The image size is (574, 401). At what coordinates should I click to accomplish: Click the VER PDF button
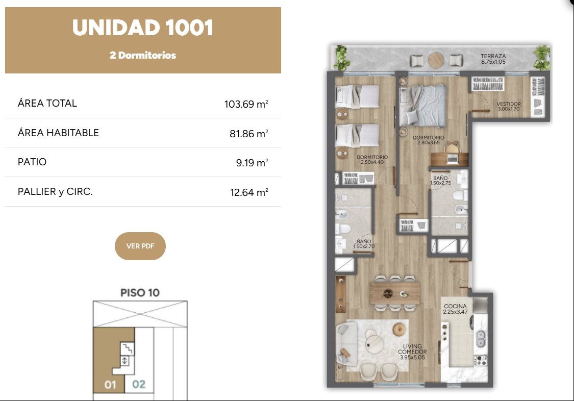point(140,246)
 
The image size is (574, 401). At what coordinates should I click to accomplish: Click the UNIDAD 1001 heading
point(143,28)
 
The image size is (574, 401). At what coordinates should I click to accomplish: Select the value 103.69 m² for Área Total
point(246,104)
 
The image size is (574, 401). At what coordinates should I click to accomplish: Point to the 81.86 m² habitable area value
point(248,134)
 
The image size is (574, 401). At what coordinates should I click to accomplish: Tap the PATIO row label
point(32,162)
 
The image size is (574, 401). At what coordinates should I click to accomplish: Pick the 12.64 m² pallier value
point(249,192)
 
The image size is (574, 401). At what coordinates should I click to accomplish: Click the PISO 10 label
point(140,293)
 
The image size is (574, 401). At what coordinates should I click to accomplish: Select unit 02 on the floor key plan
point(139,384)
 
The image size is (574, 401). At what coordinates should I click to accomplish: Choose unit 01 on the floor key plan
point(110,385)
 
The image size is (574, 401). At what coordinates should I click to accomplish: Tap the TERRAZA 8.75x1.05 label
point(493,59)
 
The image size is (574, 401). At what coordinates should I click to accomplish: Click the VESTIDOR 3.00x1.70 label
point(509,107)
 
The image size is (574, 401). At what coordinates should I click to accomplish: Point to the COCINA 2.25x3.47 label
point(456,309)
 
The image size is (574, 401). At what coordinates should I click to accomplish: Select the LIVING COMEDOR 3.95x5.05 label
point(412,352)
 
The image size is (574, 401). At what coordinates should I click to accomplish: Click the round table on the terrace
point(436,60)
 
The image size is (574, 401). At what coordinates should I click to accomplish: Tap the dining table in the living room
point(395,293)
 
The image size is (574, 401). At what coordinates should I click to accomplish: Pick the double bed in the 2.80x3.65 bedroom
point(423,106)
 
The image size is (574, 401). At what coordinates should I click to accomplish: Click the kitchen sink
point(481,338)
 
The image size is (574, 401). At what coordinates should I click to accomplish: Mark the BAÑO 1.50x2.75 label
point(440,181)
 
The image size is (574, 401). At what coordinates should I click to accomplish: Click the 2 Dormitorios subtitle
point(143,55)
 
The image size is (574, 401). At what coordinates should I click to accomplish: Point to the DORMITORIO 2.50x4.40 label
point(372,160)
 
